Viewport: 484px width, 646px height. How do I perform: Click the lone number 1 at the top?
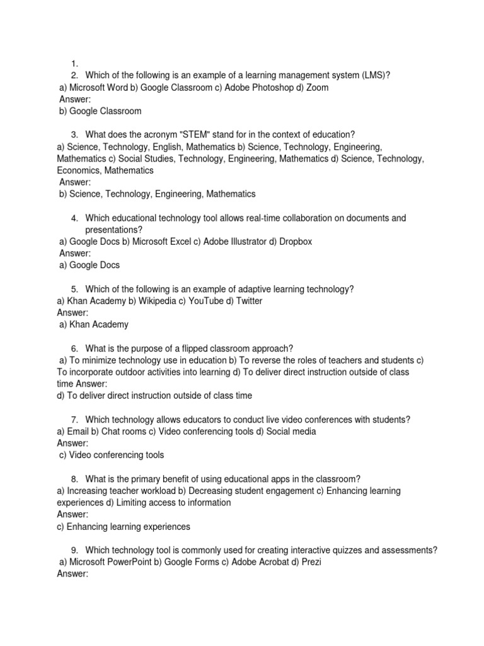click(x=74, y=64)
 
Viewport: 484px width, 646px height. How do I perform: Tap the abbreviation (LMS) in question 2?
click(x=376, y=76)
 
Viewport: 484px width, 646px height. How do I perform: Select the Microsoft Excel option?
click(x=166, y=242)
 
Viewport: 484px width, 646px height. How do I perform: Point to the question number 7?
click(x=74, y=420)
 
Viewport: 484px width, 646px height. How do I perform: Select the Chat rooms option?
click(x=123, y=432)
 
